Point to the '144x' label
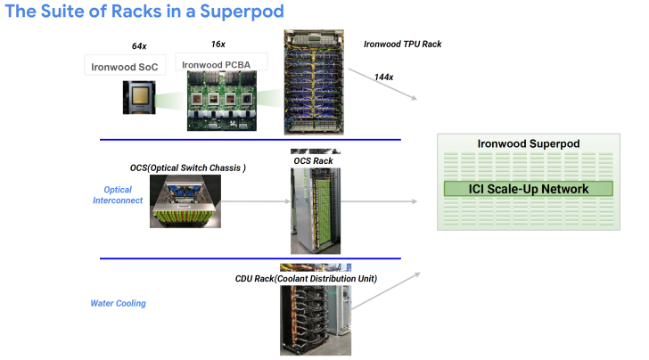(x=384, y=78)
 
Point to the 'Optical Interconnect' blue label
(x=118, y=195)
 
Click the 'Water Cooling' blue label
(x=118, y=303)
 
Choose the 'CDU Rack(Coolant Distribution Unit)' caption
(x=306, y=279)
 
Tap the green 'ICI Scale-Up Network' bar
(x=530, y=189)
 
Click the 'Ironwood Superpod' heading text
(x=530, y=143)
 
